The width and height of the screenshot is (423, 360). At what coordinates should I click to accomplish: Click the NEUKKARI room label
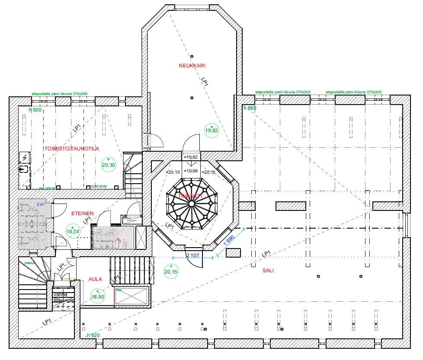[192, 66]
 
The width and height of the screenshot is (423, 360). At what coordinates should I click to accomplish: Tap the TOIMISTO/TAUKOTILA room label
[72, 148]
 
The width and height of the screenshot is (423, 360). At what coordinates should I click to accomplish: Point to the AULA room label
[95, 279]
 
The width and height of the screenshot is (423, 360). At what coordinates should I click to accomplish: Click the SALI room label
[268, 271]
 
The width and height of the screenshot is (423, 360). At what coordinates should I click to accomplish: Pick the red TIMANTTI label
[191, 196]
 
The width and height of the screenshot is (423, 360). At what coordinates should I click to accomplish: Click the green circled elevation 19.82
[212, 130]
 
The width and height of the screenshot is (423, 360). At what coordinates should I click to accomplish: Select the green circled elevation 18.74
[73, 231]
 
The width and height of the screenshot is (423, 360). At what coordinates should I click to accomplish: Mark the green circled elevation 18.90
[97, 296]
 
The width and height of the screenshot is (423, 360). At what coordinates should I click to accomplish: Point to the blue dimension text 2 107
[192, 255]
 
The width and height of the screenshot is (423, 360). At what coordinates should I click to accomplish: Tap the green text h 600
[35, 110]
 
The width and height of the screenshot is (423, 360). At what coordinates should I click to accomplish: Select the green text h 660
[250, 108]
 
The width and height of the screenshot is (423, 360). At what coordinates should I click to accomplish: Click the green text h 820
[93, 335]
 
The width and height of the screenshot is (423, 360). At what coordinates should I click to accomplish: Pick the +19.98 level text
[191, 171]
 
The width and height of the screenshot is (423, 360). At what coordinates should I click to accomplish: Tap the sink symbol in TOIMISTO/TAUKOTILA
[24, 169]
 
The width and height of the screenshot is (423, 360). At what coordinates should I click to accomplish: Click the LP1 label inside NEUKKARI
[205, 82]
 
